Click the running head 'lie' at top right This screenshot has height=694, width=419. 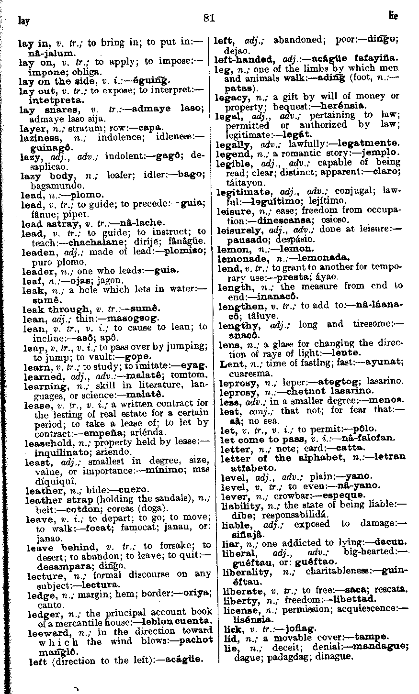393,17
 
